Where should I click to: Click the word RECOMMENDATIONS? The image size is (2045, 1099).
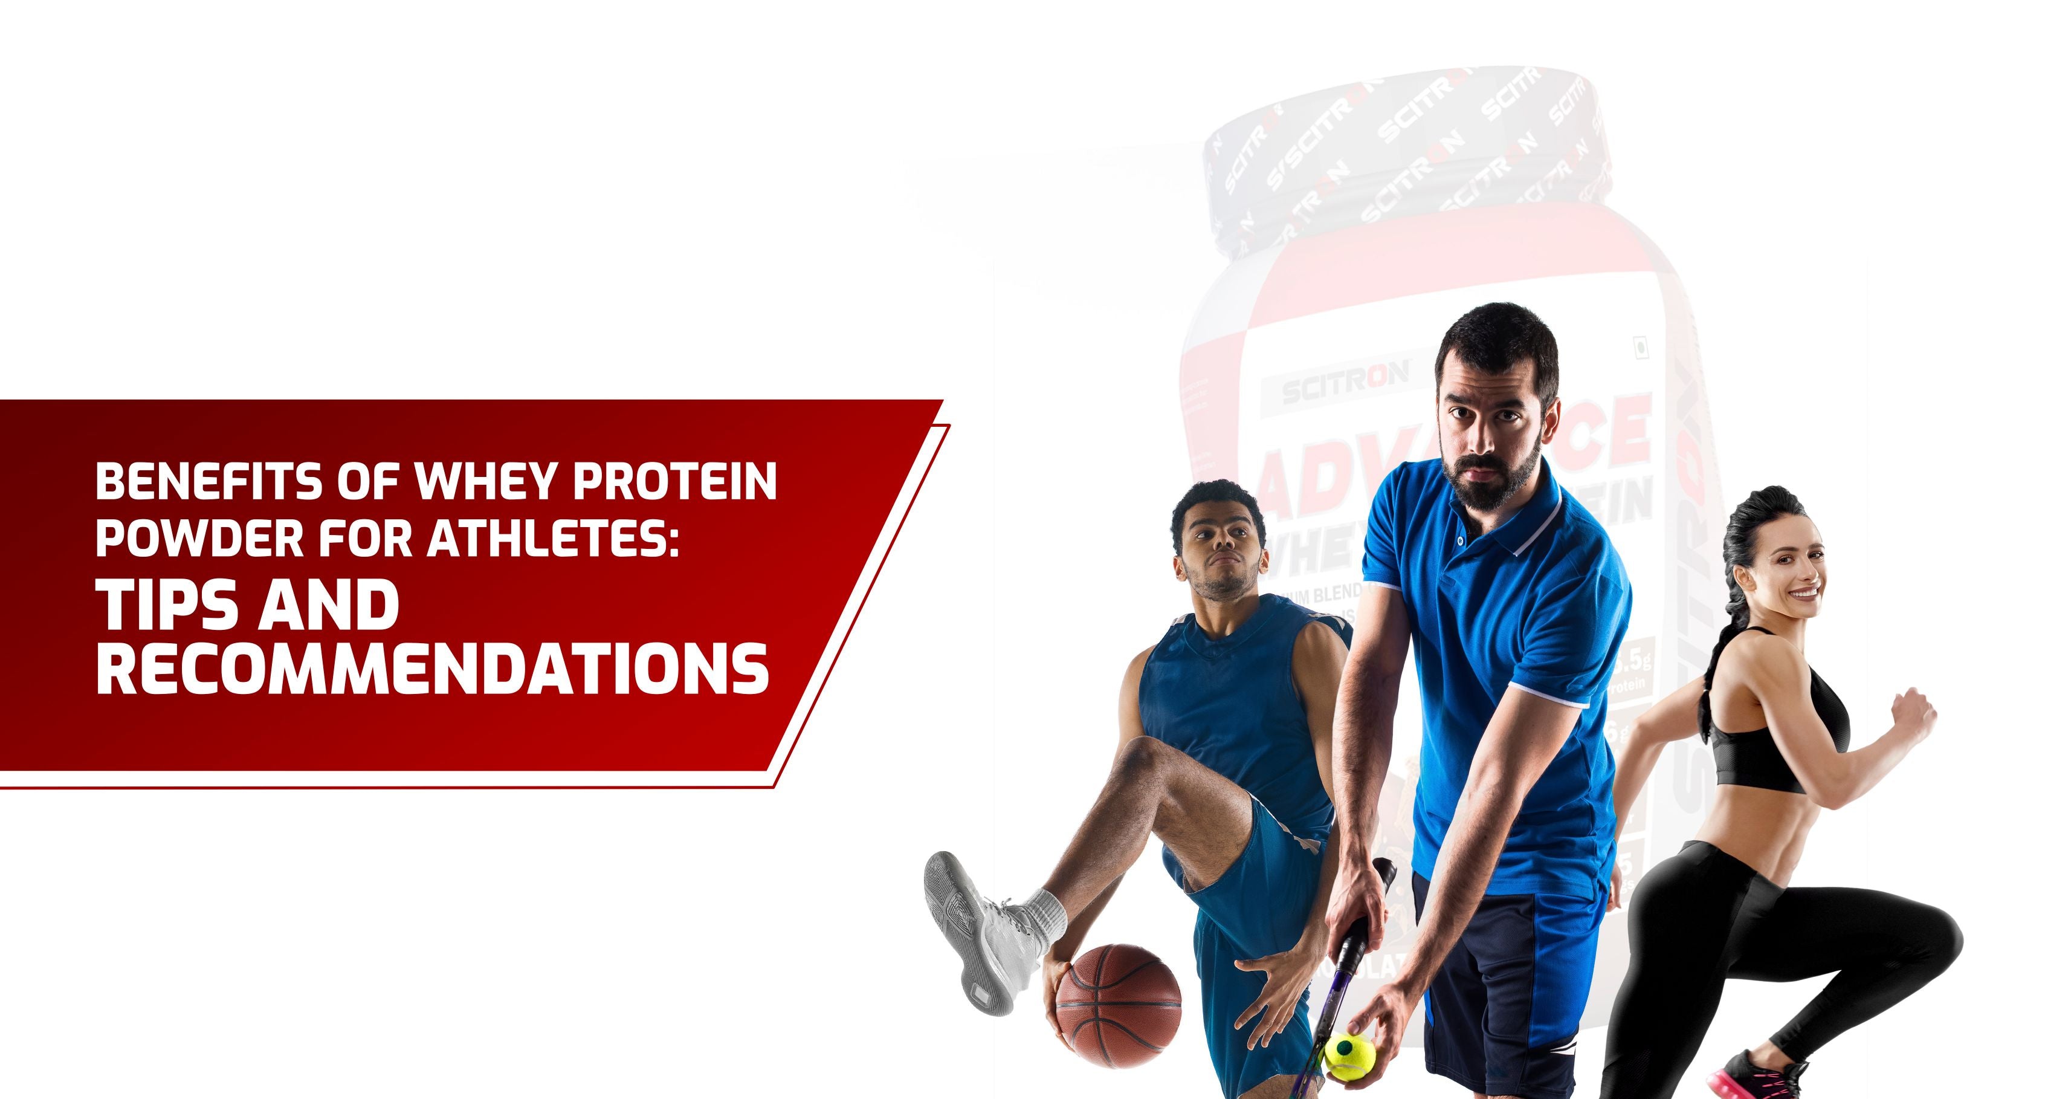tap(433, 668)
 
